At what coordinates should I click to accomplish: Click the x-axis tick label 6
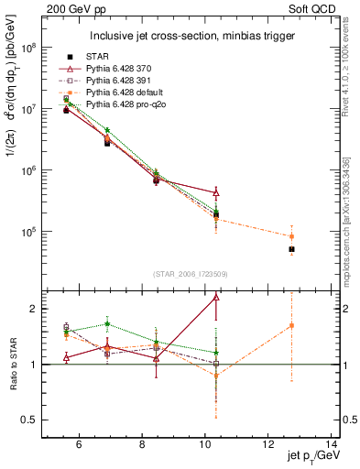(79, 445)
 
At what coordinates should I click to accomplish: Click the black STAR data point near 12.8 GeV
(291, 249)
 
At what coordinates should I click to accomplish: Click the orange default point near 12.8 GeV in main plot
(291, 236)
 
